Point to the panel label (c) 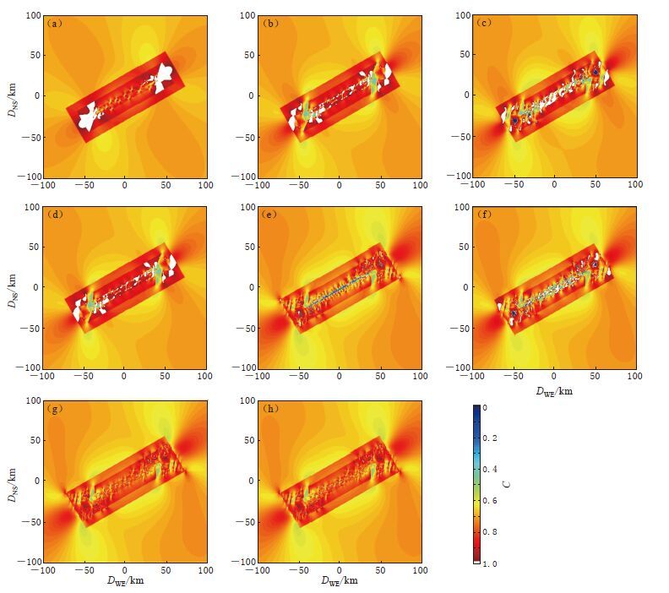pyautogui.click(x=485, y=24)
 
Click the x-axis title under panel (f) pyautogui.click(x=553, y=390)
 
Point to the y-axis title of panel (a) pyautogui.click(x=12, y=95)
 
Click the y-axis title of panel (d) pyautogui.click(x=12, y=286)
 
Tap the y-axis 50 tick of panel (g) pyautogui.click(x=32, y=441)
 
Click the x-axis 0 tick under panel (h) pyautogui.click(x=339, y=569)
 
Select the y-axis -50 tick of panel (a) pyautogui.click(x=29, y=136)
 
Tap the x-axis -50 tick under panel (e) pyautogui.click(x=296, y=376)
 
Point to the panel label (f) pyautogui.click(x=485, y=215)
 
